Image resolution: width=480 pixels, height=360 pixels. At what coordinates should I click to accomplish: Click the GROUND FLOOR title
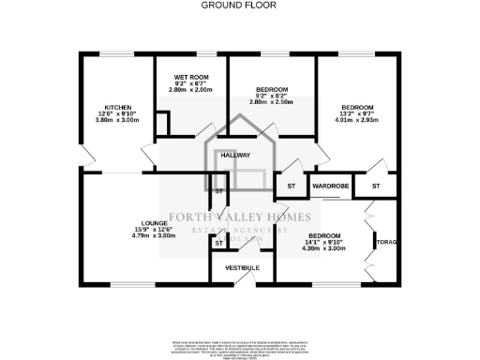pyautogui.click(x=240, y=5)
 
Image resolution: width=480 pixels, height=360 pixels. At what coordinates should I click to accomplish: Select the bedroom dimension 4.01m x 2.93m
pyautogui.click(x=357, y=120)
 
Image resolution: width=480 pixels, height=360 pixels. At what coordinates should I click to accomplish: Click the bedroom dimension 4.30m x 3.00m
pyautogui.click(x=325, y=248)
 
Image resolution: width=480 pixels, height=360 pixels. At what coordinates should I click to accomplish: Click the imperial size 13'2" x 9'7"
pyautogui.click(x=357, y=113)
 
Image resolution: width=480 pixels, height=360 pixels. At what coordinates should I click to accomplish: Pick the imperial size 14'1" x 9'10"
pyautogui.click(x=325, y=242)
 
